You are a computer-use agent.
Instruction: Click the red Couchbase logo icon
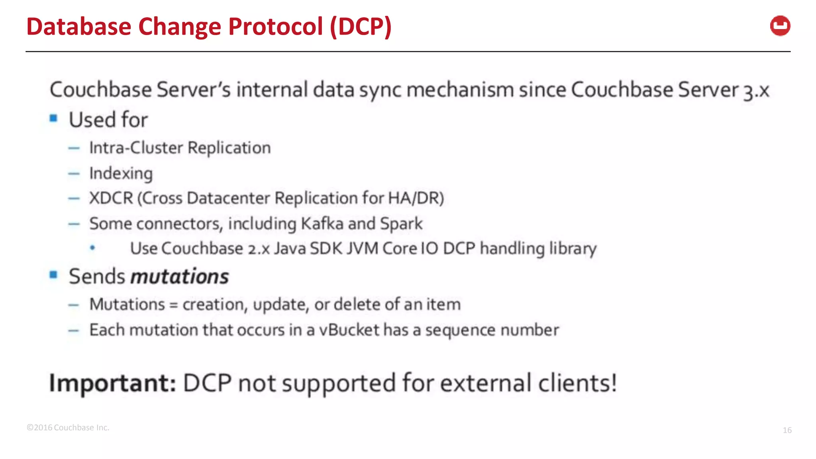click(x=780, y=26)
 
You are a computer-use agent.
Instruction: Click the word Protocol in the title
click(x=275, y=27)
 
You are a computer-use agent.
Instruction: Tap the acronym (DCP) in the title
click(x=361, y=27)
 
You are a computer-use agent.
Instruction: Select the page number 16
click(x=787, y=430)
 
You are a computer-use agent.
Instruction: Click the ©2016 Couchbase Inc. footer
click(x=68, y=428)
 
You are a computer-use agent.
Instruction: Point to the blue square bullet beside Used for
click(x=54, y=118)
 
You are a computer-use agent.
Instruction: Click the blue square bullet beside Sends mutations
click(x=54, y=275)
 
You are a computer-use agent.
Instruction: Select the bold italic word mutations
click(x=180, y=276)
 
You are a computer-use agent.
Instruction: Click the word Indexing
click(x=121, y=174)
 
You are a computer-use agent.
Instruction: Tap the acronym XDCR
click(x=111, y=198)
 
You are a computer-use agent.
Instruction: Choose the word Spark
click(x=401, y=224)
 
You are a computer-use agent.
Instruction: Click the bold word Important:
click(x=112, y=383)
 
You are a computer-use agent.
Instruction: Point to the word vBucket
click(x=349, y=330)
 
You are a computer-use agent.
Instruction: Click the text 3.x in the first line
click(x=756, y=90)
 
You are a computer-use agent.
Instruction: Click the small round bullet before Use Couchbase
click(x=92, y=248)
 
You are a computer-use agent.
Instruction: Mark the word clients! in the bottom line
click(x=577, y=383)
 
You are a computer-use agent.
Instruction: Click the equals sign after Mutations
click(x=173, y=305)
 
